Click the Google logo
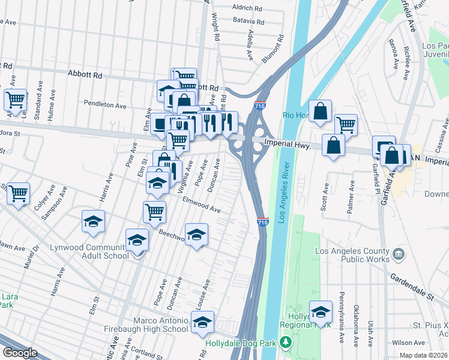[x=20, y=353]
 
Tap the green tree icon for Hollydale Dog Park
[x=286, y=343]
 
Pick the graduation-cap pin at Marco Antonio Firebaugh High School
[x=203, y=322]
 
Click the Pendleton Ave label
[x=105, y=104]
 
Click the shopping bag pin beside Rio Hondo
[x=321, y=110]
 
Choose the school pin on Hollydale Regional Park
[x=321, y=311]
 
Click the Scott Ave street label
[x=325, y=197]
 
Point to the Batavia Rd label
[x=249, y=20]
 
